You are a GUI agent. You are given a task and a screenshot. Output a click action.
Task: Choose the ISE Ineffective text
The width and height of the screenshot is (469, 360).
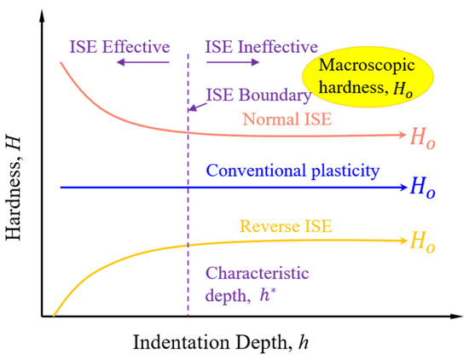click(x=261, y=45)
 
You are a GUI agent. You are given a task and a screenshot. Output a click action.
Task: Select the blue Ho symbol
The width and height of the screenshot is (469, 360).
click(x=428, y=187)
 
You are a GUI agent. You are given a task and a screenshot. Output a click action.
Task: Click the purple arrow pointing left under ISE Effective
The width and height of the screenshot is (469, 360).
click(x=141, y=62)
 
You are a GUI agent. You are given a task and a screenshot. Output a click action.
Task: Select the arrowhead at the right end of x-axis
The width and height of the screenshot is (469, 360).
click(x=457, y=316)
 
